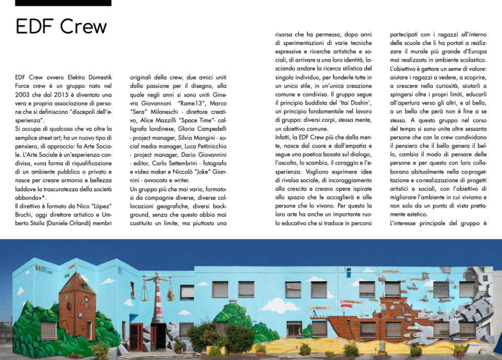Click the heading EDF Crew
[61, 26]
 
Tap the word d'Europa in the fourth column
[473, 52]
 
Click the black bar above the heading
[63, 3]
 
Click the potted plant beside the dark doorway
[178, 345]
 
